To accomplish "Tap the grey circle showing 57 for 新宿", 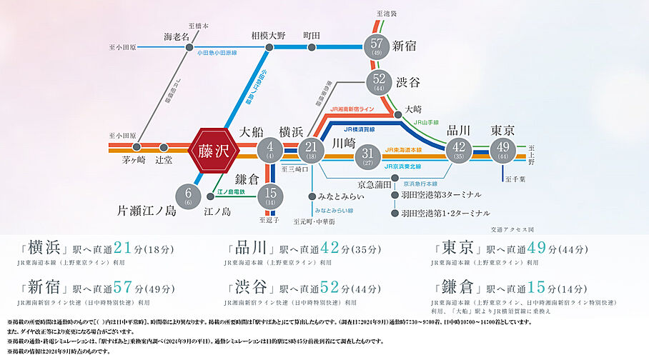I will point(377,47).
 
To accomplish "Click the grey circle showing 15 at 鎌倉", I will point(270,195).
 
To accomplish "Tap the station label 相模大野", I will point(269,35).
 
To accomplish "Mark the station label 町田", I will point(312,35).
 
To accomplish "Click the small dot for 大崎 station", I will point(398,114).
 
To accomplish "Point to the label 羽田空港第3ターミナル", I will point(435,194).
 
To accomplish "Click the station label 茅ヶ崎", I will point(134,160).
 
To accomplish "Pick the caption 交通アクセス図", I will point(512,229).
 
